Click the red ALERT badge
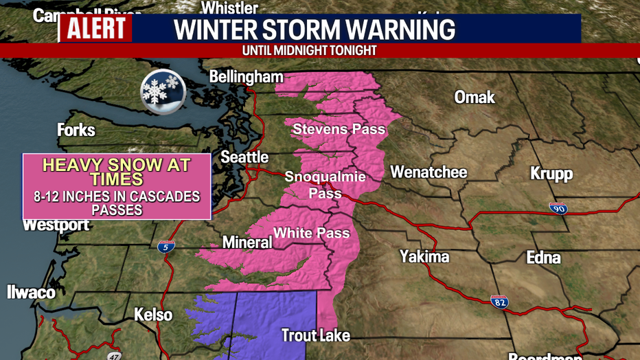[x=96, y=28]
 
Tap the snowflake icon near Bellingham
[x=163, y=89]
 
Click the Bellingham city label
[x=247, y=76]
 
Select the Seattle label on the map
[x=244, y=157]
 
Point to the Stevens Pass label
[x=339, y=128]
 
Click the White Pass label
[x=312, y=233]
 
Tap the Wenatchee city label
[x=428, y=172]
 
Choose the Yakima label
[x=424, y=257]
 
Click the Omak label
[x=475, y=97]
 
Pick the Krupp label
[x=551, y=173]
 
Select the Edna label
[x=543, y=258]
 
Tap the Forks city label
[x=76, y=130]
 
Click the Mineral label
[x=247, y=242]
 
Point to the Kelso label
[x=153, y=315]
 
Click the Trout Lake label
[x=316, y=336]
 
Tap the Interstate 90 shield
[x=558, y=208]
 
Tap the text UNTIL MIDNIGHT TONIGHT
[x=310, y=51]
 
